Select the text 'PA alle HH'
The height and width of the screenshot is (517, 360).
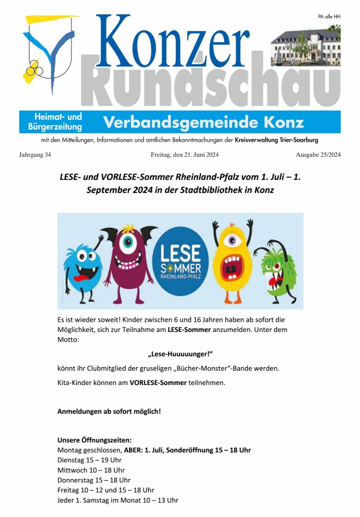point(329,17)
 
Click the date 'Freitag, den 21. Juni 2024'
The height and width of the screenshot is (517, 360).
point(184,154)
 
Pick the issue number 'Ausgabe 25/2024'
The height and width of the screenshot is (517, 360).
point(318,154)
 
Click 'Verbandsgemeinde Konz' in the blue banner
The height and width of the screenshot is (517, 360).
point(203,122)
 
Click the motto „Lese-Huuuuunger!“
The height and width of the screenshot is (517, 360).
point(180,354)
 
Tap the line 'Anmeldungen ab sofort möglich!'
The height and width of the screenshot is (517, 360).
point(109,412)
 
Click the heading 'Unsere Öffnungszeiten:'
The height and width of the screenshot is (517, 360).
point(94,440)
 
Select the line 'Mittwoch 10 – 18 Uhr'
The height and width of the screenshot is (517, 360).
point(91,470)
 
